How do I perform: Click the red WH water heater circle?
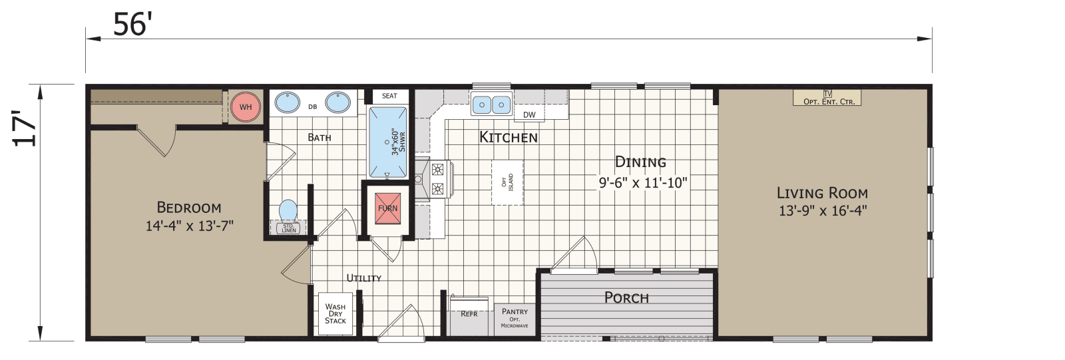[246, 106]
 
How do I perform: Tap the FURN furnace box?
[387, 208]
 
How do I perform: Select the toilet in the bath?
[288, 211]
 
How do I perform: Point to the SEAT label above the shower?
[389, 96]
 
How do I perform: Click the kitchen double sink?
[491, 104]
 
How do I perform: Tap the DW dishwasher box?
[529, 114]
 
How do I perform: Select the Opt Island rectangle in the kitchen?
[507, 182]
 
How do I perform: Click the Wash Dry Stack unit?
[335, 314]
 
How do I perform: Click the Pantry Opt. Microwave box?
[515, 318]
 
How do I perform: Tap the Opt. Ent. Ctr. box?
[828, 98]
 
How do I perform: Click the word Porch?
[626, 297]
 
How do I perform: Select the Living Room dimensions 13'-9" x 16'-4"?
[822, 211]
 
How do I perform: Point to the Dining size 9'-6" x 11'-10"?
[642, 182]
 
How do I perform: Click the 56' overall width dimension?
[133, 25]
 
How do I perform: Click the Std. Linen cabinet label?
[288, 228]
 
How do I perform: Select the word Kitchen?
[509, 138]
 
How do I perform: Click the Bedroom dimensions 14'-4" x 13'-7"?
[189, 226]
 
